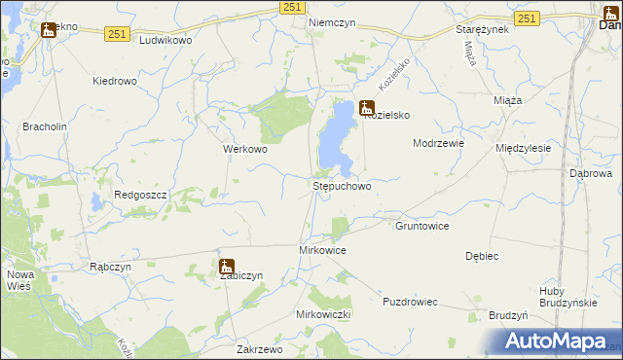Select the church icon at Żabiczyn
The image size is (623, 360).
(x=227, y=267)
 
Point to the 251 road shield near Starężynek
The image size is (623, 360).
(x=527, y=18)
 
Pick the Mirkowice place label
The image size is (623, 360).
(x=321, y=250)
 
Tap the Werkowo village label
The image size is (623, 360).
(x=245, y=150)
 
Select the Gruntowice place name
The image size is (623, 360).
(x=421, y=226)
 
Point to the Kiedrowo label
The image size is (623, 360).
(x=114, y=81)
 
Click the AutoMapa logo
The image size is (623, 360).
(x=555, y=342)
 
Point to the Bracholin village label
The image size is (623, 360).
(x=42, y=126)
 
